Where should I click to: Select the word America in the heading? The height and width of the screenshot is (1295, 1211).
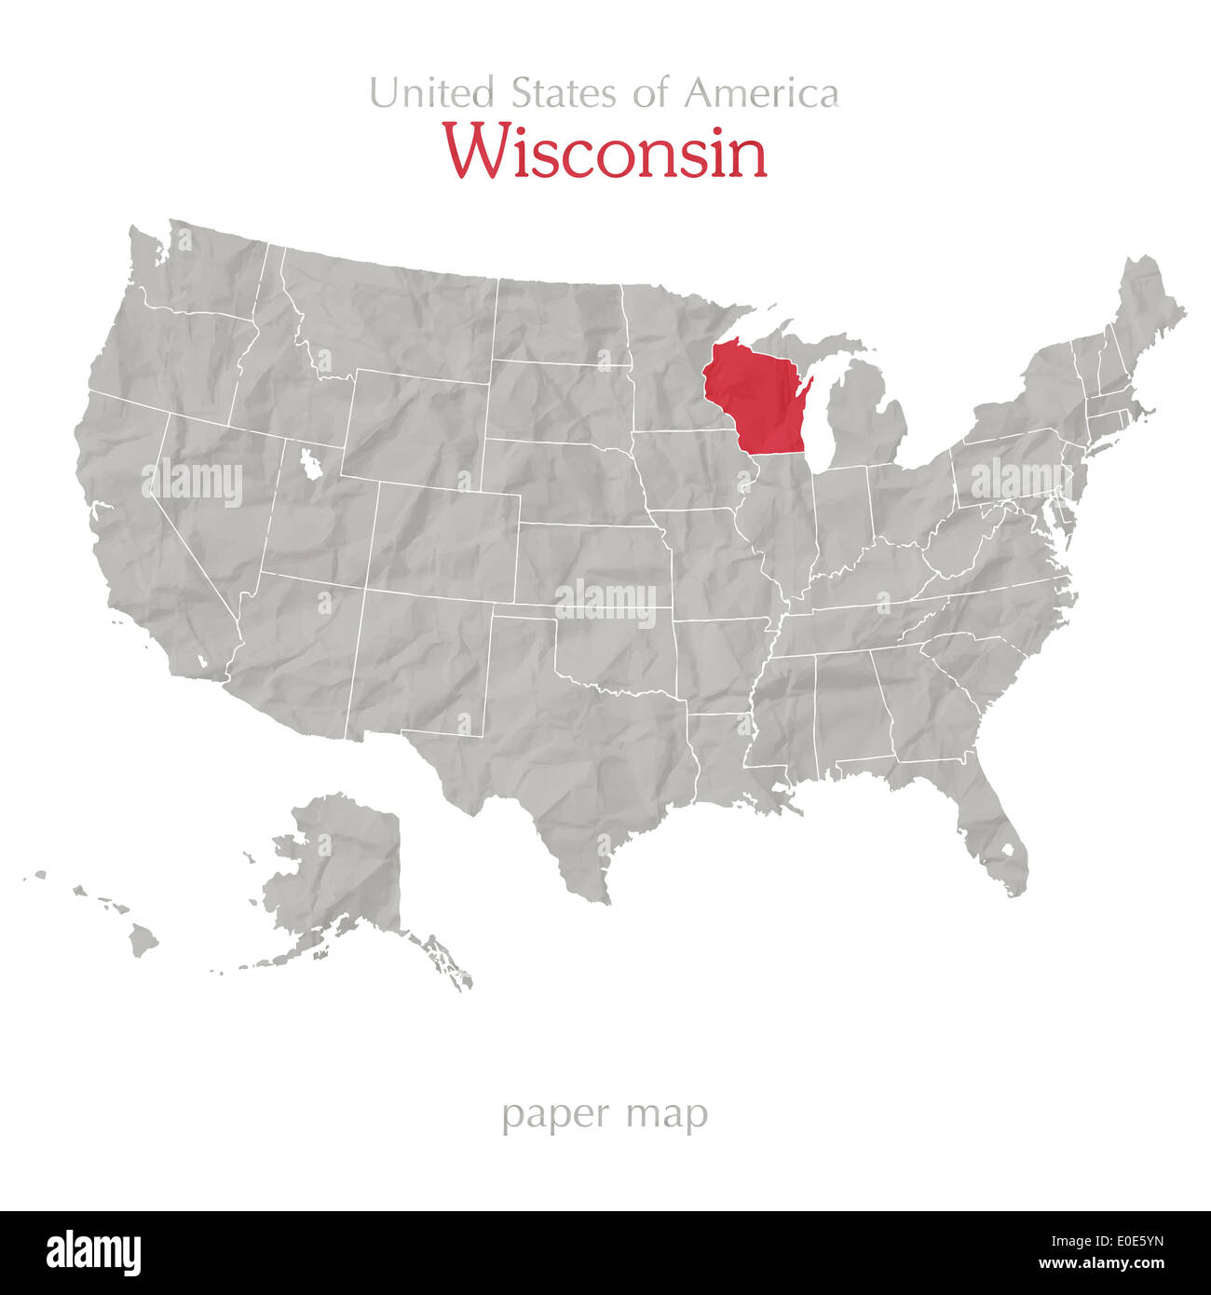tap(761, 93)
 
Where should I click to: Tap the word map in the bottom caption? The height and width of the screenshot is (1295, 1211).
tap(667, 1114)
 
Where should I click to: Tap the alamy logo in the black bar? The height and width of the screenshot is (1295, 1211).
tap(93, 1252)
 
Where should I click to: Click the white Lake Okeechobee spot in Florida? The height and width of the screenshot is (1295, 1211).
tap(1007, 850)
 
